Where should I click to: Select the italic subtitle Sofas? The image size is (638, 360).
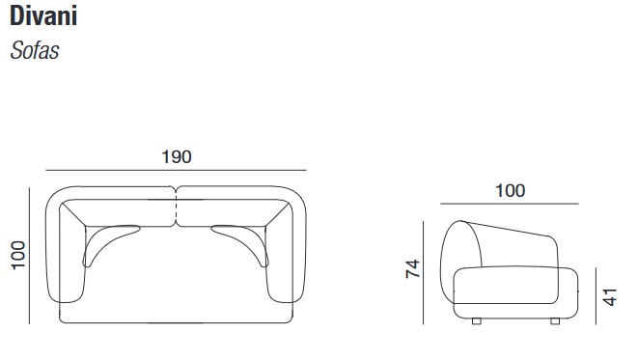pos(35,51)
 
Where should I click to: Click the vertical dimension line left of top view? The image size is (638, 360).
pos(32,257)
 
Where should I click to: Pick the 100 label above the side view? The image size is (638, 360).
pos(510,191)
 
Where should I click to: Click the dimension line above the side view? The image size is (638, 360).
pos(510,205)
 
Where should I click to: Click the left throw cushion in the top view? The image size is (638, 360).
pos(108,240)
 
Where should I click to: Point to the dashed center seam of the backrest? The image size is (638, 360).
pos(176,208)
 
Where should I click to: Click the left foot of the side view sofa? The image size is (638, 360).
pos(475,319)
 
